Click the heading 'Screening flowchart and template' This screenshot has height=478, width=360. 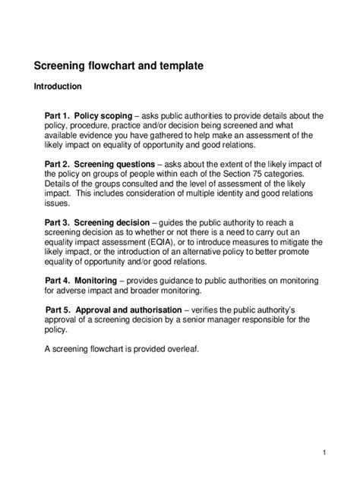tap(118, 66)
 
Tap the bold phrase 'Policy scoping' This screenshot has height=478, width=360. tap(108, 116)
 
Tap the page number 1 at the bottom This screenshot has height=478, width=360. tap(324, 453)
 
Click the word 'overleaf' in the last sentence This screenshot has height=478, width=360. tap(180, 349)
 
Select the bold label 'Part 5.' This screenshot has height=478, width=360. tap(62, 310)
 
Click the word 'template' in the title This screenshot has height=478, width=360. tap(180, 66)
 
